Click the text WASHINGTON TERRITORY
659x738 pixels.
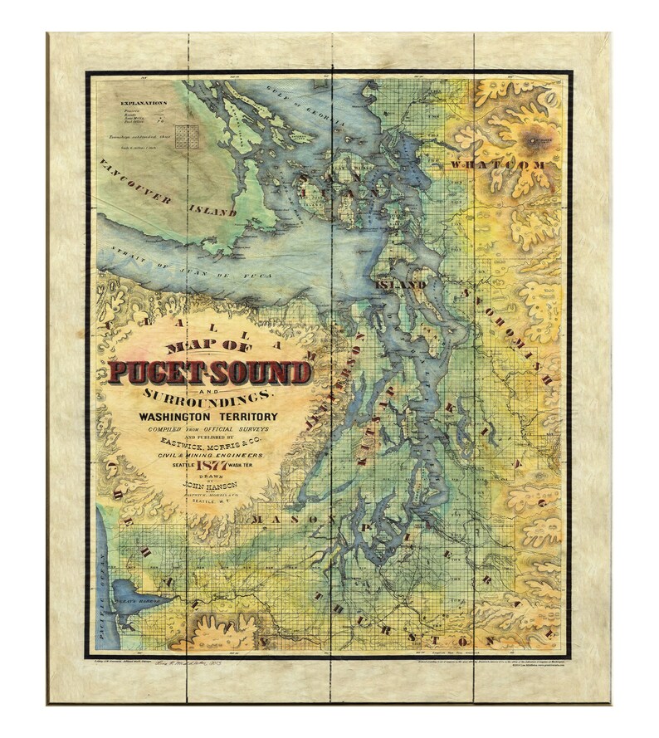[208, 416]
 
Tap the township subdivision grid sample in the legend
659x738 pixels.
[186, 135]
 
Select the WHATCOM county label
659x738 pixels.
[497, 165]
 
